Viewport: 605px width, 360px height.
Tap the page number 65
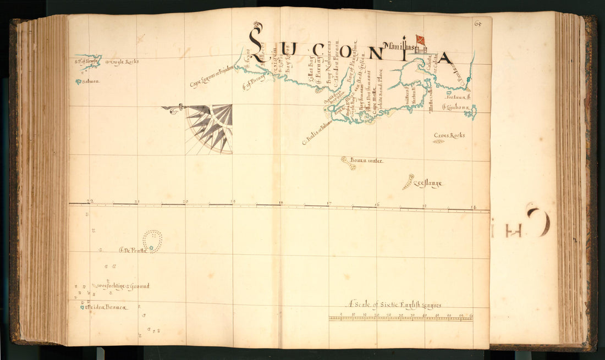(x=477, y=23)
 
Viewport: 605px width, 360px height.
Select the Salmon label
(x=91, y=81)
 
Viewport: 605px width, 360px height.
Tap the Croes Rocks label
(x=449, y=135)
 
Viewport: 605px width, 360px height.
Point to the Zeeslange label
(x=428, y=184)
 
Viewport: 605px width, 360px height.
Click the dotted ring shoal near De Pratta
(x=152, y=240)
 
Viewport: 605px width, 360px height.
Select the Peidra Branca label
(x=106, y=307)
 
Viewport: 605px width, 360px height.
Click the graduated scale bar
(x=400, y=318)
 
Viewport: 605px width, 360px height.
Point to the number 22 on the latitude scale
(x=90, y=201)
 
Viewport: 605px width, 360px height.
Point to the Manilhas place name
(x=400, y=46)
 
